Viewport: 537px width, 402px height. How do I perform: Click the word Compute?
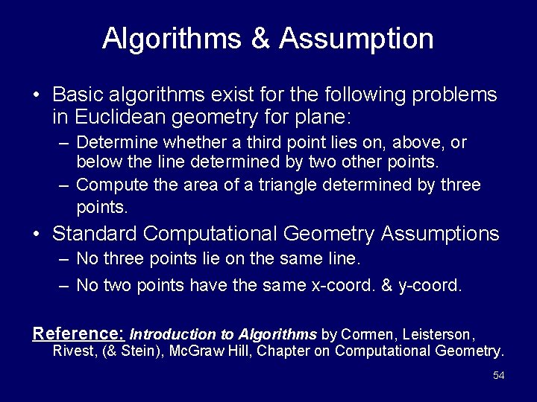click(x=106, y=184)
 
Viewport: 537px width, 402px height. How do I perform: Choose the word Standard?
click(x=94, y=234)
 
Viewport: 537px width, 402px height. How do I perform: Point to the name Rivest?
click(x=72, y=351)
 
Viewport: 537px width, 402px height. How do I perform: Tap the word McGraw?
click(x=189, y=351)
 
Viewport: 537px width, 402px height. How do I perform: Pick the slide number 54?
click(x=499, y=376)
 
